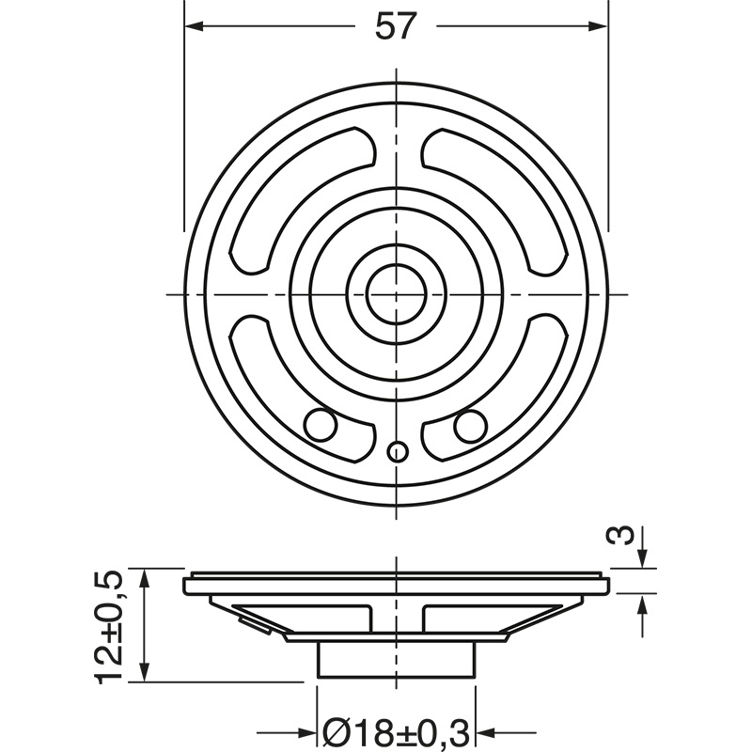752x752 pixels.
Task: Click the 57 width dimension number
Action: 395,26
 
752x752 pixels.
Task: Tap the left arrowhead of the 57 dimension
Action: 194,26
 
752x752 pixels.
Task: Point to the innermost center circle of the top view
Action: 396,294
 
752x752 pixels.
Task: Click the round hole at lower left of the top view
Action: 321,425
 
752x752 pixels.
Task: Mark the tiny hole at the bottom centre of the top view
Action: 397,452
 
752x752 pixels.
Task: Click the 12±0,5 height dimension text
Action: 111,626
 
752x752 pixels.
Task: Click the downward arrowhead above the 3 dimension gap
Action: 641,559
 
